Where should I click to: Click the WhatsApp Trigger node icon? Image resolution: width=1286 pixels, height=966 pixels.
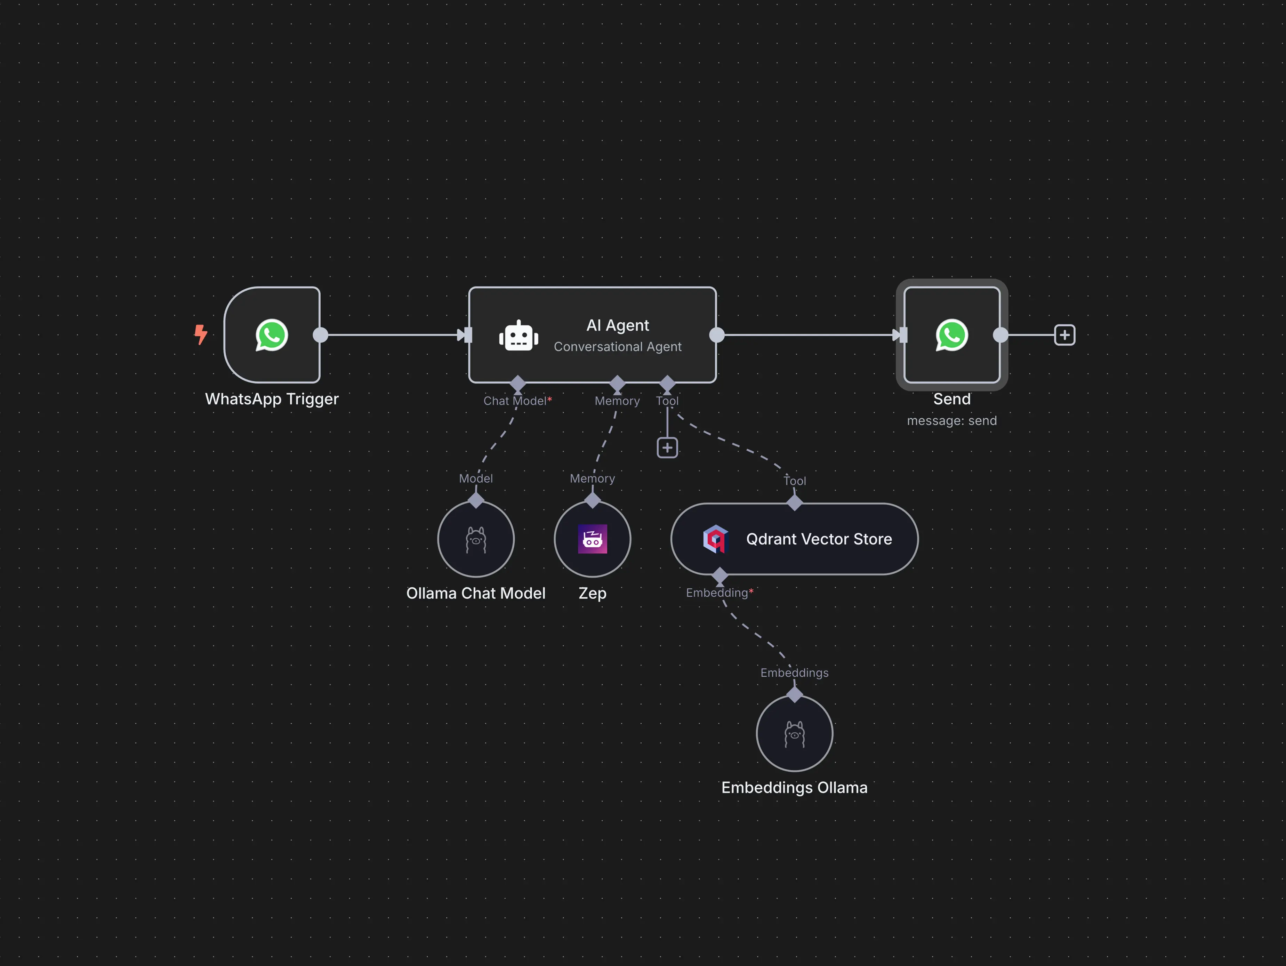coord(272,335)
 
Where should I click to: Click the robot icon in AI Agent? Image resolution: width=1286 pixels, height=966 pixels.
coord(519,336)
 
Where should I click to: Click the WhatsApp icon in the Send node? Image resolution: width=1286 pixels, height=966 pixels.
coord(952,335)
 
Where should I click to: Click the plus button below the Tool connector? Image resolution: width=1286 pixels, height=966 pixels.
coord(667,448)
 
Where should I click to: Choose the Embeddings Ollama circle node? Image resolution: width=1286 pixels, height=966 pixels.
coord(794,733)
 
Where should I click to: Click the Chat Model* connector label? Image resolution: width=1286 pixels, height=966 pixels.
coord(517,401)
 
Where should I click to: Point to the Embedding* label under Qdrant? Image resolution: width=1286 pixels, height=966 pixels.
coord(719,593)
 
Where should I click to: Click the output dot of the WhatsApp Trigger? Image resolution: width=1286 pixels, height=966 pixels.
coord(320,335)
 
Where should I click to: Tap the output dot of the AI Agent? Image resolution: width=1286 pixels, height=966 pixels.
coord(717,335)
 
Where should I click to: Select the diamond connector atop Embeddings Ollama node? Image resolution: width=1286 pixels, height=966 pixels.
coord(795,694)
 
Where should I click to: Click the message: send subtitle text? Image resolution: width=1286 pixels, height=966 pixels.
coord(952,421)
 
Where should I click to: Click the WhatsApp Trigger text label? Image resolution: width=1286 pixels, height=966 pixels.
coord(272,399)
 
